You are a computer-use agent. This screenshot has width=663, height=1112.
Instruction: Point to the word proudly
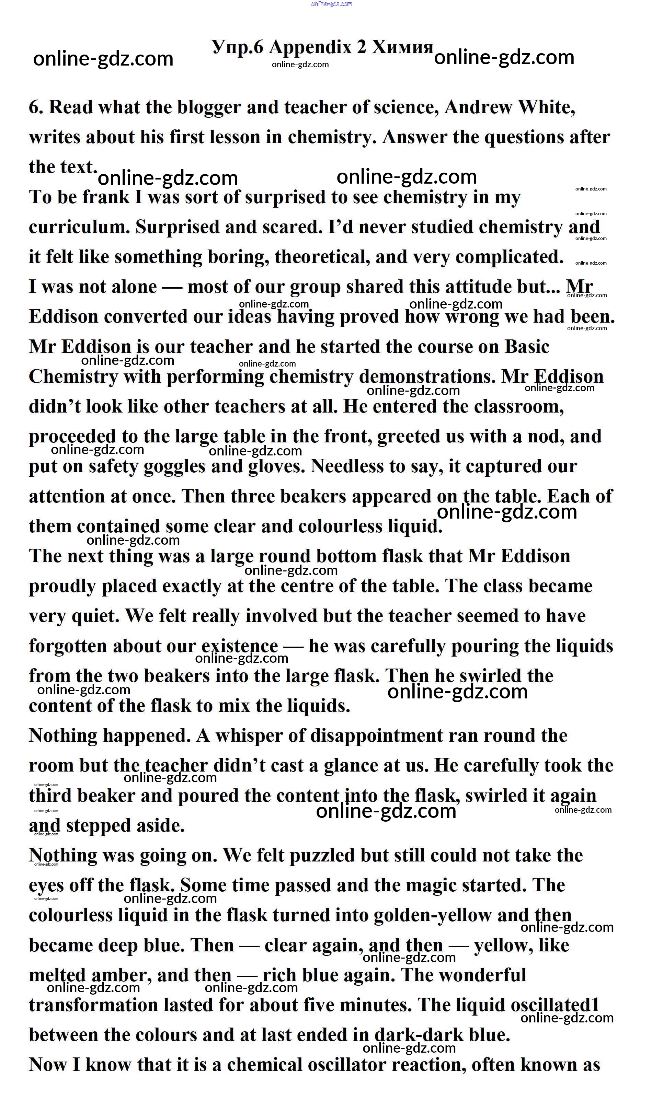(62, 587)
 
